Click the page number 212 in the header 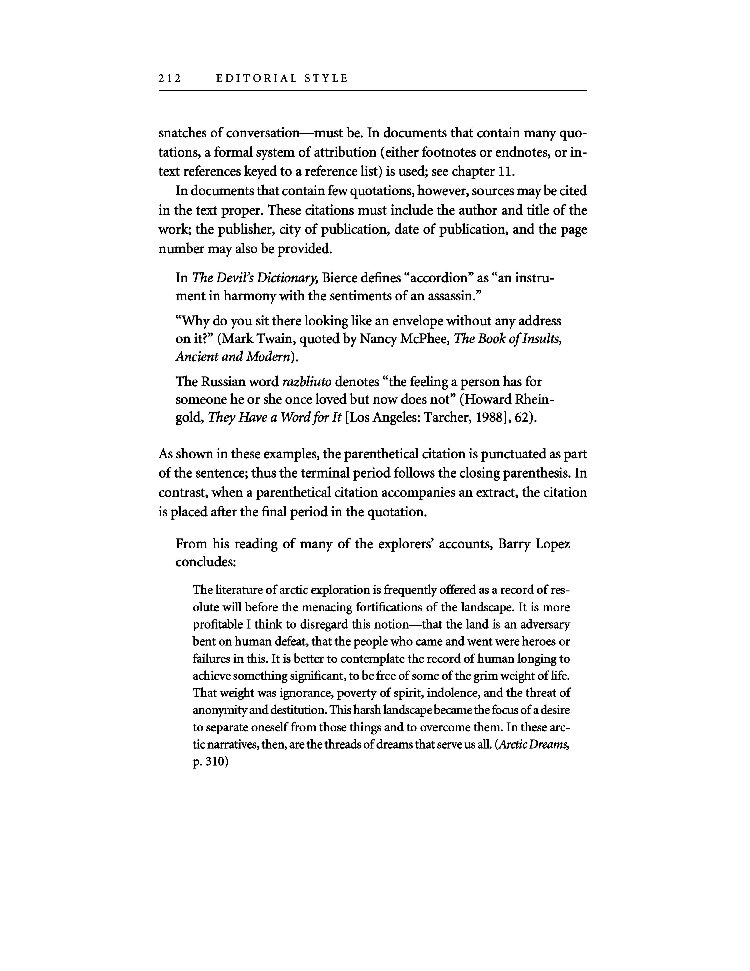pos(170,79)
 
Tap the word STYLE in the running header pos(326,79)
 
